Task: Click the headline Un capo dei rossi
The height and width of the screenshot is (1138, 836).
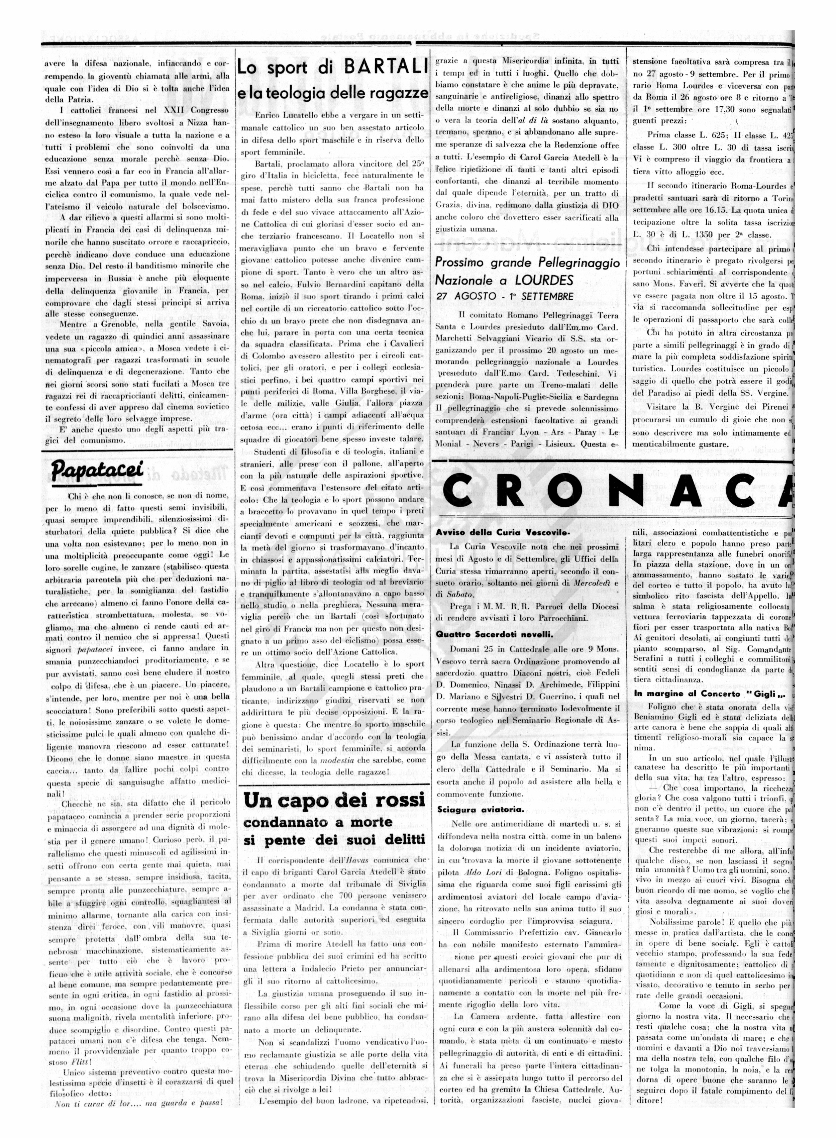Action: point(334,800)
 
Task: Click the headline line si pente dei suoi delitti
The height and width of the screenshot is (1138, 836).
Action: point(334,840)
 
